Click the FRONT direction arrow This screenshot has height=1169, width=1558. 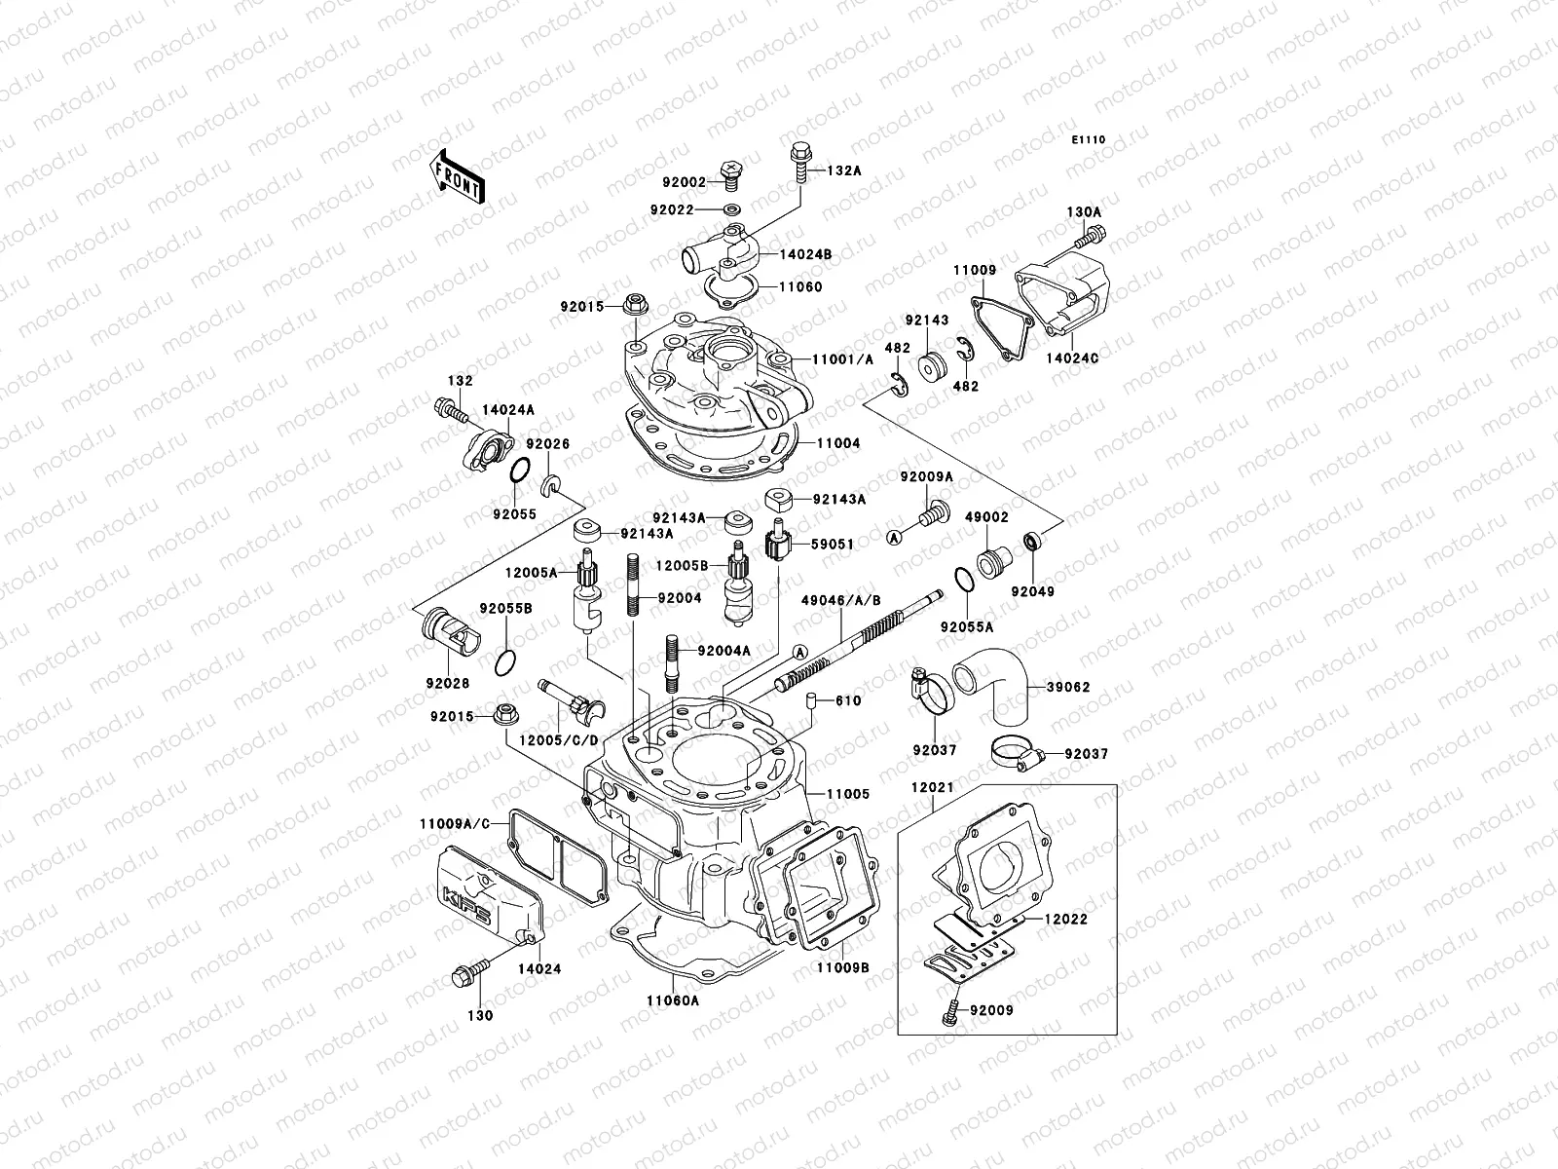tap(458, 174)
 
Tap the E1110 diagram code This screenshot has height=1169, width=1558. tap(1090, 140)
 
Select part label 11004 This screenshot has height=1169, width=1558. tap(838, 443)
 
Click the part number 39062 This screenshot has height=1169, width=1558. tap(1068, 687)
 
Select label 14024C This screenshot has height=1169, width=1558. tap(1075, 358)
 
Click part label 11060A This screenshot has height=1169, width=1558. tap(672, 1000)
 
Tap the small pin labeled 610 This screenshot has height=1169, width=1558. tap(808, 702)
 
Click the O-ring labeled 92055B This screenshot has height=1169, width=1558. tap(504, 663)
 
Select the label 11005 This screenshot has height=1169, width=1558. tap(848, 794)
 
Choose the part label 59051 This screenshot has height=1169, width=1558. tap(835, 545)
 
